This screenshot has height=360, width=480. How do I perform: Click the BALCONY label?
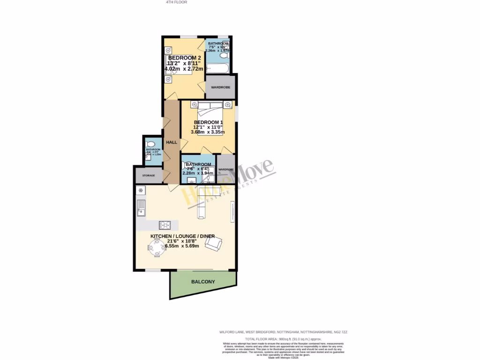tap(203, 282)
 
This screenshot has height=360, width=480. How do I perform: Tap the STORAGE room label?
tap(148, 175)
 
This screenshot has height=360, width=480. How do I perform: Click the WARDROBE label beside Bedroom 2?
tap(220, 87)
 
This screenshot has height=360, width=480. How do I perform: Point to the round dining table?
tap(157, 247)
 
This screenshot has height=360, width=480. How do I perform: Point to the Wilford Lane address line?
tap(283, 332)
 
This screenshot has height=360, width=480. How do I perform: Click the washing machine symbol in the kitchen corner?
tap(141, 190)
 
